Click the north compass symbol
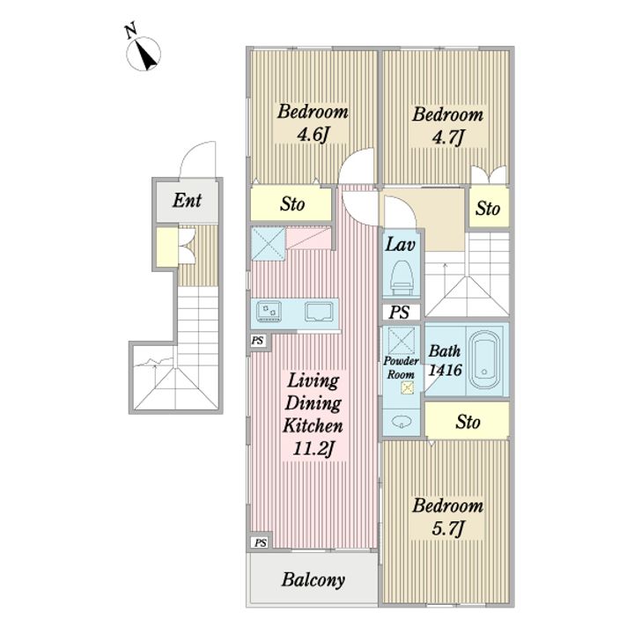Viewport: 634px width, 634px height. pyautogui.click(x=143, y=51)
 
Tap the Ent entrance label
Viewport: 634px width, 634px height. pyautogui.click(x=187, y=200)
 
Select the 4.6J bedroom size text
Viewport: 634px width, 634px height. pyautogui.click(x=312, y=135)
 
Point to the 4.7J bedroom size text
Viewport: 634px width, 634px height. pyautogui.click(x=447, y=137)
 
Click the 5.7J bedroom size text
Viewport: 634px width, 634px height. pyautogui.click(x=448, y=529)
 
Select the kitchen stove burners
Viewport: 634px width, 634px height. pyautogui.click(x=269, y=312)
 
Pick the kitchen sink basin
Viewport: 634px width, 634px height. pyautogui.click(x=319, y=312)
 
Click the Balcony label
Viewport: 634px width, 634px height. pyautogui.click(x=313, y=579)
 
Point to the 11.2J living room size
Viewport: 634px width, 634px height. pyautogui.click(x=313, y=448)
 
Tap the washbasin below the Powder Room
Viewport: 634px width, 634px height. pyautogui.click(x=402, y=421)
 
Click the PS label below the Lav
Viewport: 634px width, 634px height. pyautogui.click(x=400, y=312)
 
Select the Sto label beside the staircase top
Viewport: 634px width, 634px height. pyautogui.click(x=488, y=209)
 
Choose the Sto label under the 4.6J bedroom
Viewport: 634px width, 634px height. pyautogui.click(x=292, y=203)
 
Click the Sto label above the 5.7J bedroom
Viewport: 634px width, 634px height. pyautogui.click(x=468, y=422)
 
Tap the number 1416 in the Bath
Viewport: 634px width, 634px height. pyautogui.click(x=445, y=370)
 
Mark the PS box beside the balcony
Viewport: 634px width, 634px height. pyautogui.click(x=260, y=542)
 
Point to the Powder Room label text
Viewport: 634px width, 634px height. pyautogui.click(x=401, y=367)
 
